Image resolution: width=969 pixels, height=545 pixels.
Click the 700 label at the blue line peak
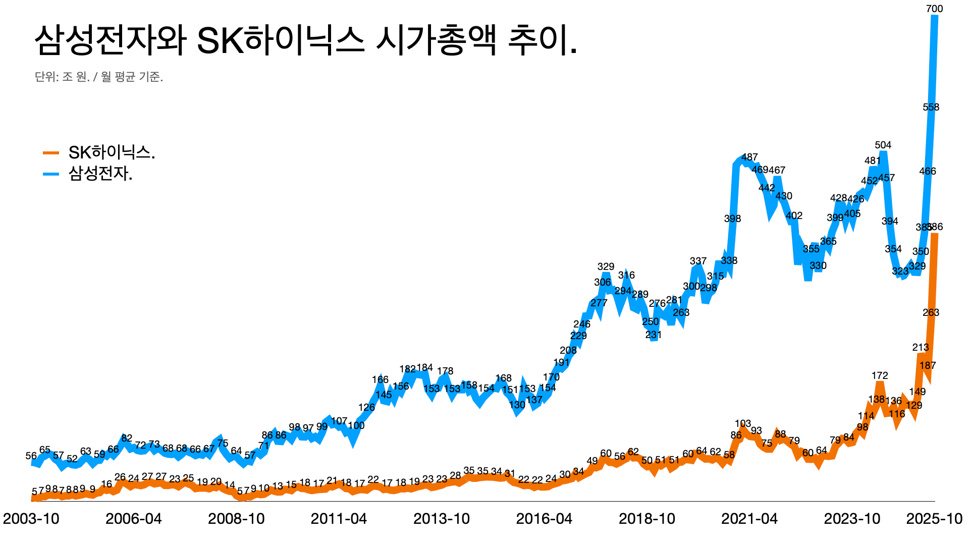[x=934, y=9]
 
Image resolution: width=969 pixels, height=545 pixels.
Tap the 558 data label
[x=931, y=107]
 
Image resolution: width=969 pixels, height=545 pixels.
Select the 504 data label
[x=883, y=145]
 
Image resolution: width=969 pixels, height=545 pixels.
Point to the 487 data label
[x=749, y=157]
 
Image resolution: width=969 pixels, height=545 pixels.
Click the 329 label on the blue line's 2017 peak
[x=606, y=266]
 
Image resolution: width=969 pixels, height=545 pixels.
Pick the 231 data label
[x=653, y=335]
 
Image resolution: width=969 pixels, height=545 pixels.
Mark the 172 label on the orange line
[x=879, y=375]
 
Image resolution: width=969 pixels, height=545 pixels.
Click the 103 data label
[x=742, y=423]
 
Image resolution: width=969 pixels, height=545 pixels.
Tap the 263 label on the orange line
[x=931, y=312]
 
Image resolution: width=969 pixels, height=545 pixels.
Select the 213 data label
[x=921, y=347]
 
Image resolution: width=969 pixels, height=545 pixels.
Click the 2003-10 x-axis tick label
[x=31, y=519]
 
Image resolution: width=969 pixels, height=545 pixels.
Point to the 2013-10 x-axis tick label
[x=442, y=519]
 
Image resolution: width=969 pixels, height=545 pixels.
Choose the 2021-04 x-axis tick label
[x=749, y=519]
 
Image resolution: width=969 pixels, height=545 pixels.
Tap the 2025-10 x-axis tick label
[x=934, y=519]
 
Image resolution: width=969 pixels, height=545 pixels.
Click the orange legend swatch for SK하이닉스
[x=51, y=152]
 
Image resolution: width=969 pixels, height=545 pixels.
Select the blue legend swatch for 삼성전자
[x=51, y=174]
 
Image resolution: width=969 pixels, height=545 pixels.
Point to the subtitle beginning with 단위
[x=99, y=77]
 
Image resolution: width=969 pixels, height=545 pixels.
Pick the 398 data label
[x=732, y=219]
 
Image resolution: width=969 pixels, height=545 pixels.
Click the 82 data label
[x=127, y=438]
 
